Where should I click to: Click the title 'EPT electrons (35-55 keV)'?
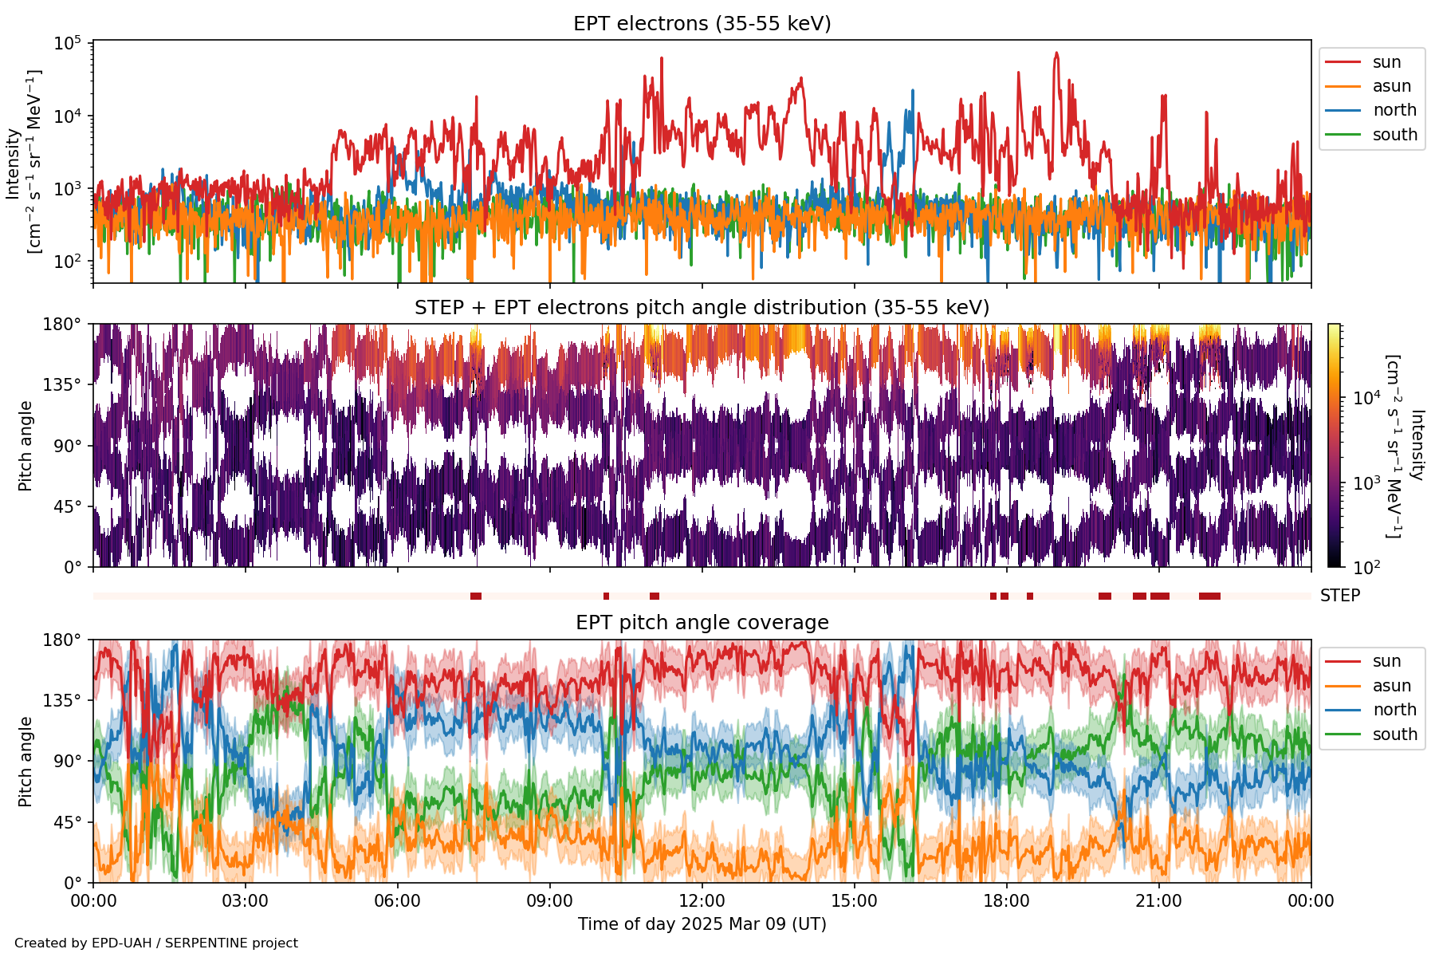click(x=702, y=24)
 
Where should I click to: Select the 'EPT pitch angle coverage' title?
click(x=702, y=623)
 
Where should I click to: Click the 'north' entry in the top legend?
click(x=1394, y=111)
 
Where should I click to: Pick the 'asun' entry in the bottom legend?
click(x=1391, y=686)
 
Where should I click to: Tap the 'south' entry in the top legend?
click(x=1394, y=135)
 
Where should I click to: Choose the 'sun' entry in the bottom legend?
click(x=1386, y=661)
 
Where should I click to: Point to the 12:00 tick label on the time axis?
click(x=702, y=901)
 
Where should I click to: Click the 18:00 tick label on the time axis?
click(x=1006, y=901)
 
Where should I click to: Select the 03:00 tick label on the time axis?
click(x=245, y=901)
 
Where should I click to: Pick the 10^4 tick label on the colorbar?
click(x=1366, y=397)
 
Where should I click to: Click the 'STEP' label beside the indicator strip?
click(x=1339, y=596)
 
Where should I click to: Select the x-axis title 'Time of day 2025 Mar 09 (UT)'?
click(x=702, y=924)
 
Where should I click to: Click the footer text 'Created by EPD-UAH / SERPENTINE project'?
click(x=156, y=943)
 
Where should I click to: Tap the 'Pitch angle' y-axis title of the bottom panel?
click(x=26, y=762)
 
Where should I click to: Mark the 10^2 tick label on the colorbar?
click(x=1366, y=567)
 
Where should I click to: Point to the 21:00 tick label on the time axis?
click(x=1158, y=901)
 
